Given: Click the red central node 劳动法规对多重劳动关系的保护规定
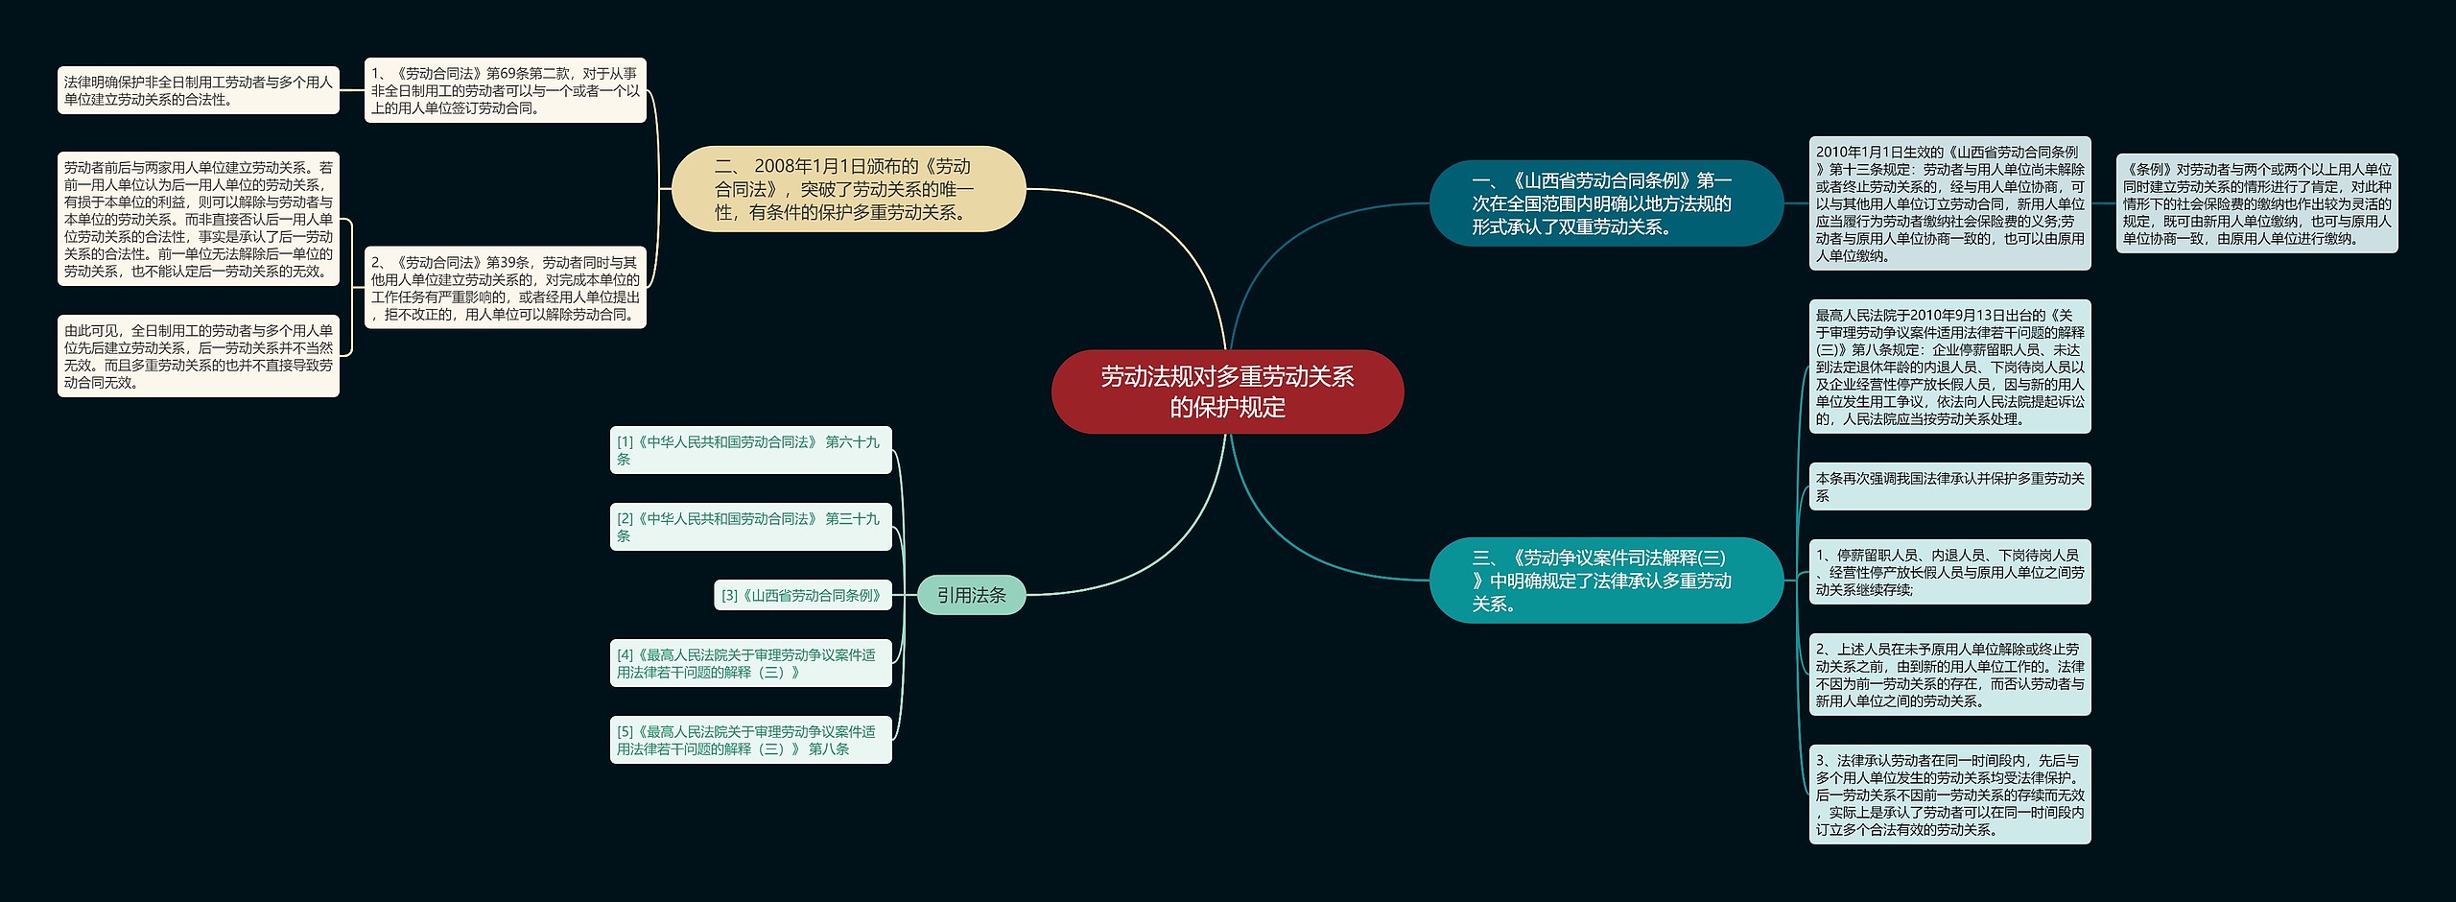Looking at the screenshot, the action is coord(1227,392).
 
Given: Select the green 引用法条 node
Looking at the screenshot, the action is coord(971,595).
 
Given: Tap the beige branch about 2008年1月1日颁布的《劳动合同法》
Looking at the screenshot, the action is coord(848,189).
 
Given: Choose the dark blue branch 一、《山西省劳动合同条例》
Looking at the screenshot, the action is coord(1605,203).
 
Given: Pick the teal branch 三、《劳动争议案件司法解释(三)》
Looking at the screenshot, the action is coord(1605,581).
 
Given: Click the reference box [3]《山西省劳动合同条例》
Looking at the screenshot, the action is coord(802,595).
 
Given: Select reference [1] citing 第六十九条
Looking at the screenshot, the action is coord(750,450).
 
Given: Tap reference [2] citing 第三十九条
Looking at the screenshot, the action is coord(750,527).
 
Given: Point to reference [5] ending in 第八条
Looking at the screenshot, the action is coord(750,740).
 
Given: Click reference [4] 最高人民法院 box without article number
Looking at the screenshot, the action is coord(750,663).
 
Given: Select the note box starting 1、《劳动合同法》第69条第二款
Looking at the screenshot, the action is coord(506,90).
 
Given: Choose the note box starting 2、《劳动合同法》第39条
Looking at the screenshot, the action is coord(506,288).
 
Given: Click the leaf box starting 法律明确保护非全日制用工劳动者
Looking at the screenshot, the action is coord(199,90).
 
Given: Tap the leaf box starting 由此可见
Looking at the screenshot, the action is coord(199,356).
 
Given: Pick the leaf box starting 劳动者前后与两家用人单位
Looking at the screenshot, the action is coord(199,219).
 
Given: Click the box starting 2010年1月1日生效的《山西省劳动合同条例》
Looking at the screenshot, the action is coord(1949,203).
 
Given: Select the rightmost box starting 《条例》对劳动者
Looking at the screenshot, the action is coord(2256,203).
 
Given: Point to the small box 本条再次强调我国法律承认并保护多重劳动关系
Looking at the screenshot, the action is coord(1949,487).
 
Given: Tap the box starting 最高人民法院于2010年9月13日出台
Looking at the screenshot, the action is coord(1949,367).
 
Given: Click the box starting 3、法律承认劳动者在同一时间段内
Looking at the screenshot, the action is coord(1949,795).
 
